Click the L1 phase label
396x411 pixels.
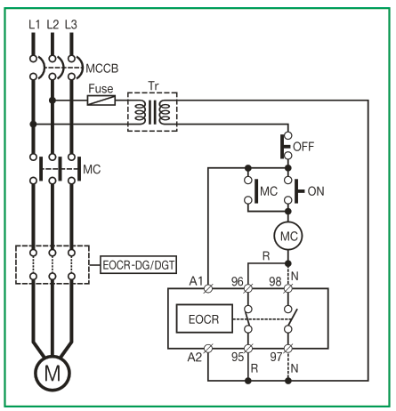(35, 24)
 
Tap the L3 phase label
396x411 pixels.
(71, 24)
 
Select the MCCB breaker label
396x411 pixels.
(102, 68)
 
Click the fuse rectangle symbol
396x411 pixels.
(101, 101)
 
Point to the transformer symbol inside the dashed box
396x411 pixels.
(152, 112)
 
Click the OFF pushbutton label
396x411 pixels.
(303, 147)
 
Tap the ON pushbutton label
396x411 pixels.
(316, 191)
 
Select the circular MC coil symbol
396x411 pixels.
(288, 236)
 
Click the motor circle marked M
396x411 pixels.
(53, 373)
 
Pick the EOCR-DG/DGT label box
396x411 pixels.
(138, 264)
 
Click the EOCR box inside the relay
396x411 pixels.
(205, 318)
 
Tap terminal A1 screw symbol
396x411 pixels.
(208, 288)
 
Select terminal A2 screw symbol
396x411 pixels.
(208, 349)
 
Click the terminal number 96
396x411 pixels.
(238, 281)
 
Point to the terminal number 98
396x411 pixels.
(275, 281)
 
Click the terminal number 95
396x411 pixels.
(238, 357)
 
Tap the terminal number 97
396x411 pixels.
(276, 357)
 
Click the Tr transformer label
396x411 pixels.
(153, 86)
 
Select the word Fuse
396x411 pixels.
(101, 89)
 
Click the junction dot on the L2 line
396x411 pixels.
(53, 101)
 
